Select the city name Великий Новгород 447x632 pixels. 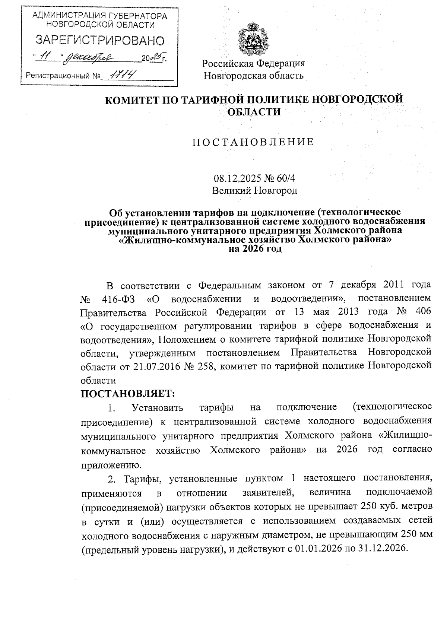tap(254, 191)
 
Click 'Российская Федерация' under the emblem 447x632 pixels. tap(253, 63)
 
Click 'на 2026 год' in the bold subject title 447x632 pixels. tap(255, 249)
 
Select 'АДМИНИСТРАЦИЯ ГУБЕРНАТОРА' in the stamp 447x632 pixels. tap(100, 16)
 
